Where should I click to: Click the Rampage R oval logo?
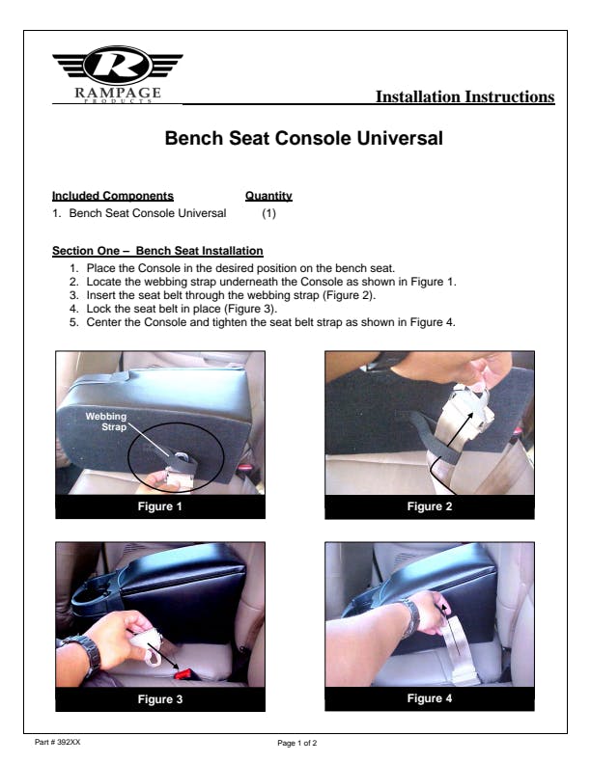[117, 66]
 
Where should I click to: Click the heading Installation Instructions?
[464, 96]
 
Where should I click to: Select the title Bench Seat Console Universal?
[303, 138]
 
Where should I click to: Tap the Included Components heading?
[113, 196]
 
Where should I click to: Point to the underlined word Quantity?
[268, 196]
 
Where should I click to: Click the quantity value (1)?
[268, 213]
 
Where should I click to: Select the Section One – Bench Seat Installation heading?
[157, 251]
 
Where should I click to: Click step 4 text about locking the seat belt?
[182, 309]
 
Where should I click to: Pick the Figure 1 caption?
[160, 506]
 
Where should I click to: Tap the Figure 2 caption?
[430, 506]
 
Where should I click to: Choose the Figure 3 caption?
[160, 699]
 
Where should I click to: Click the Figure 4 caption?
[430, 698]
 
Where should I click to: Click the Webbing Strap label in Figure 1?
[106, 422]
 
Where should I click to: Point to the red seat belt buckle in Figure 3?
[184, 674]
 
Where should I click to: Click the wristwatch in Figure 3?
[88, 653]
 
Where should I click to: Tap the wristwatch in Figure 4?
[410, 617]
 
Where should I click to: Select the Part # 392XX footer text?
[58, 742]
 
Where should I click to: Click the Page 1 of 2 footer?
[297, 743]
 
